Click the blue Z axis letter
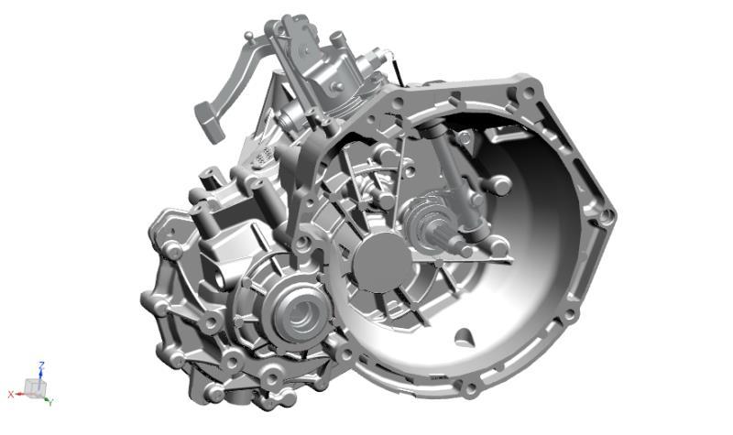[x=41, y=365]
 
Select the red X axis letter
[x=10, y=395]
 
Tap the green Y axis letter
[x=50, y=402]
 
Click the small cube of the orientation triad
[x=35, y=386]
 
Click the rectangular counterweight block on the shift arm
[x=210, y=122]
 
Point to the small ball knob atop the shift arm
[x=249, y=35]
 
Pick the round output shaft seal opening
[x=300, y=313]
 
